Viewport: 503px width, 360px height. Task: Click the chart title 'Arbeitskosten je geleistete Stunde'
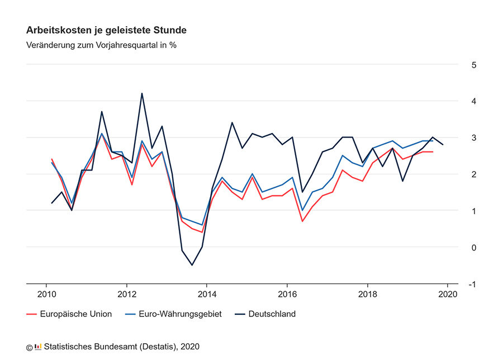click(x=106, y=30)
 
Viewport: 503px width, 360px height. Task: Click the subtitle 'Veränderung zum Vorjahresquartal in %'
click(x=101, y=45)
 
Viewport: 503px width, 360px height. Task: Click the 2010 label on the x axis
click(x=46, y=295)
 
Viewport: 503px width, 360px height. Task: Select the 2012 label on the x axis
click(x=127, y=295)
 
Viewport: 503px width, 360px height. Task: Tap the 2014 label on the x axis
click(x=207, y=295)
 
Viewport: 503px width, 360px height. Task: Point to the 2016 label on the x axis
click(x=287, y=295)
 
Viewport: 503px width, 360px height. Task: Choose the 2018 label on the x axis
click(x=367, y=295)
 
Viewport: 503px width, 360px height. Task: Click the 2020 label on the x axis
click(x=448, y=295)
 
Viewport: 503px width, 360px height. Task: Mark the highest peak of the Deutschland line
click(x=142, y=93)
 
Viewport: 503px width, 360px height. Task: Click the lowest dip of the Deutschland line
click(x=192, y=265)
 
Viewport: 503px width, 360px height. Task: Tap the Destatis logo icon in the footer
click(x=38, y=347)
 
